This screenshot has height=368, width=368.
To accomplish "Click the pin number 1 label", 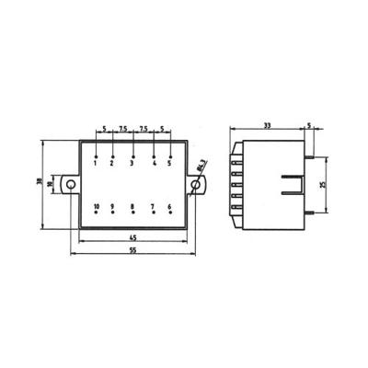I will click(96, 165).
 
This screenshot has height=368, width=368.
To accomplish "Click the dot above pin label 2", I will click(112, 157).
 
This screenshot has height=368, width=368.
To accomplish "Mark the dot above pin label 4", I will click(154, 157).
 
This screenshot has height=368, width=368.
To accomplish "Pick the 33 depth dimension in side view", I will click(268, 125).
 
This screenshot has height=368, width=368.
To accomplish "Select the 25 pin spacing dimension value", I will click(322, 184).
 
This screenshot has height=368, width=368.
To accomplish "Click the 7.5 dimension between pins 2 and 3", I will click(122, 129).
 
